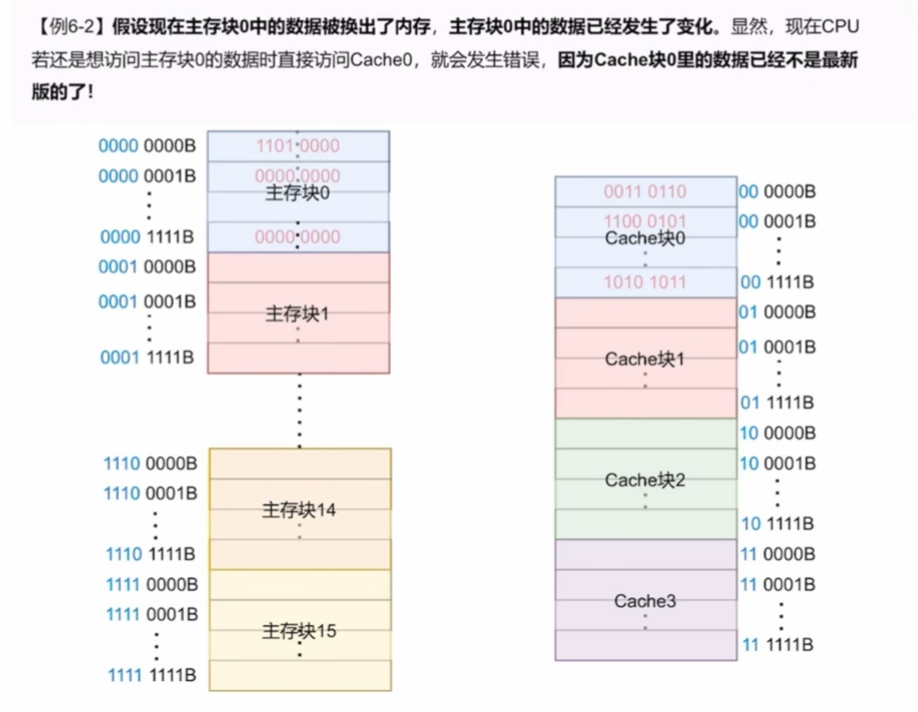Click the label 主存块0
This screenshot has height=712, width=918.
[x=298, y=193]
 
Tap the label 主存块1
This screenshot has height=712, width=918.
[x=298, y=313]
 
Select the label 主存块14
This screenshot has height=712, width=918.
[x=299, y=510]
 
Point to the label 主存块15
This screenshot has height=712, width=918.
[x=299, y=631]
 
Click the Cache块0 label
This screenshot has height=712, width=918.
[x=645, y=238]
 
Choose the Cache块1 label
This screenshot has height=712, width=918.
[x=645, y=360]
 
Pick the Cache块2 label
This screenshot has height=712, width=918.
[x=645, y=480]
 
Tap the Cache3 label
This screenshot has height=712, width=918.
[x=645, y=601]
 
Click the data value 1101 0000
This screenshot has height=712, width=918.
[x=298, y=146]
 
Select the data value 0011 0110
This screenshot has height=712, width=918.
[x=645, y=191]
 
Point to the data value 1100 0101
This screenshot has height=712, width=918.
[x=645, y=221]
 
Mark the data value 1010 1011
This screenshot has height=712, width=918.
[x=645, y=282]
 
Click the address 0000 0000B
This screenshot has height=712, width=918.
[x=147, y=146]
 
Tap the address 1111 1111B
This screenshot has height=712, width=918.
[x=152, y=676]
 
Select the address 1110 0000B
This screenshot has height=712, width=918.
[x=151, y=463]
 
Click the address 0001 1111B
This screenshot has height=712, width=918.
[x=147, y=357]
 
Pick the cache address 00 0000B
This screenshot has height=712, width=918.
[x=777, y=191]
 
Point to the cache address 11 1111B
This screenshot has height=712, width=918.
[x=777, y=645]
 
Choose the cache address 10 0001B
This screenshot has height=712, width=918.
[x=777, y=463]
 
